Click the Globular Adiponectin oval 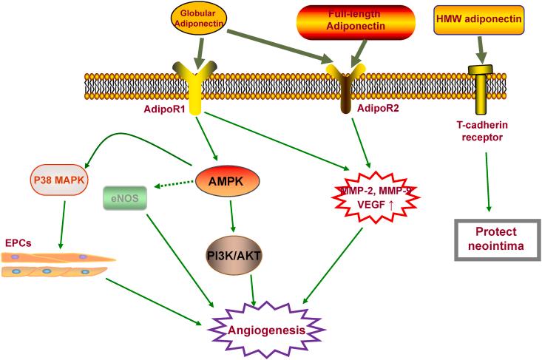coord(199,18)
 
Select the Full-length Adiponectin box coord(356,21)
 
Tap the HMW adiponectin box coord(478,20)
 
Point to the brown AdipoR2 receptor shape coord(345,88)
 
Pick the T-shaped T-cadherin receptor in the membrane coord(481,89)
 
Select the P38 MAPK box coord(59,180)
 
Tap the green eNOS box coord(125,198)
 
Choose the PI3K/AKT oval coord(234,256)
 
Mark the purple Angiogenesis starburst coord(266,330)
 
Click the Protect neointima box coord(497,239)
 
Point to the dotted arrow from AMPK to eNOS coord(174,184)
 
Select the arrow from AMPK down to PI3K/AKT coord(232,217)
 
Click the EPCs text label coord(18,243)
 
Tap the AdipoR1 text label coord(164,109)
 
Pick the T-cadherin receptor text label coord(482,131)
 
